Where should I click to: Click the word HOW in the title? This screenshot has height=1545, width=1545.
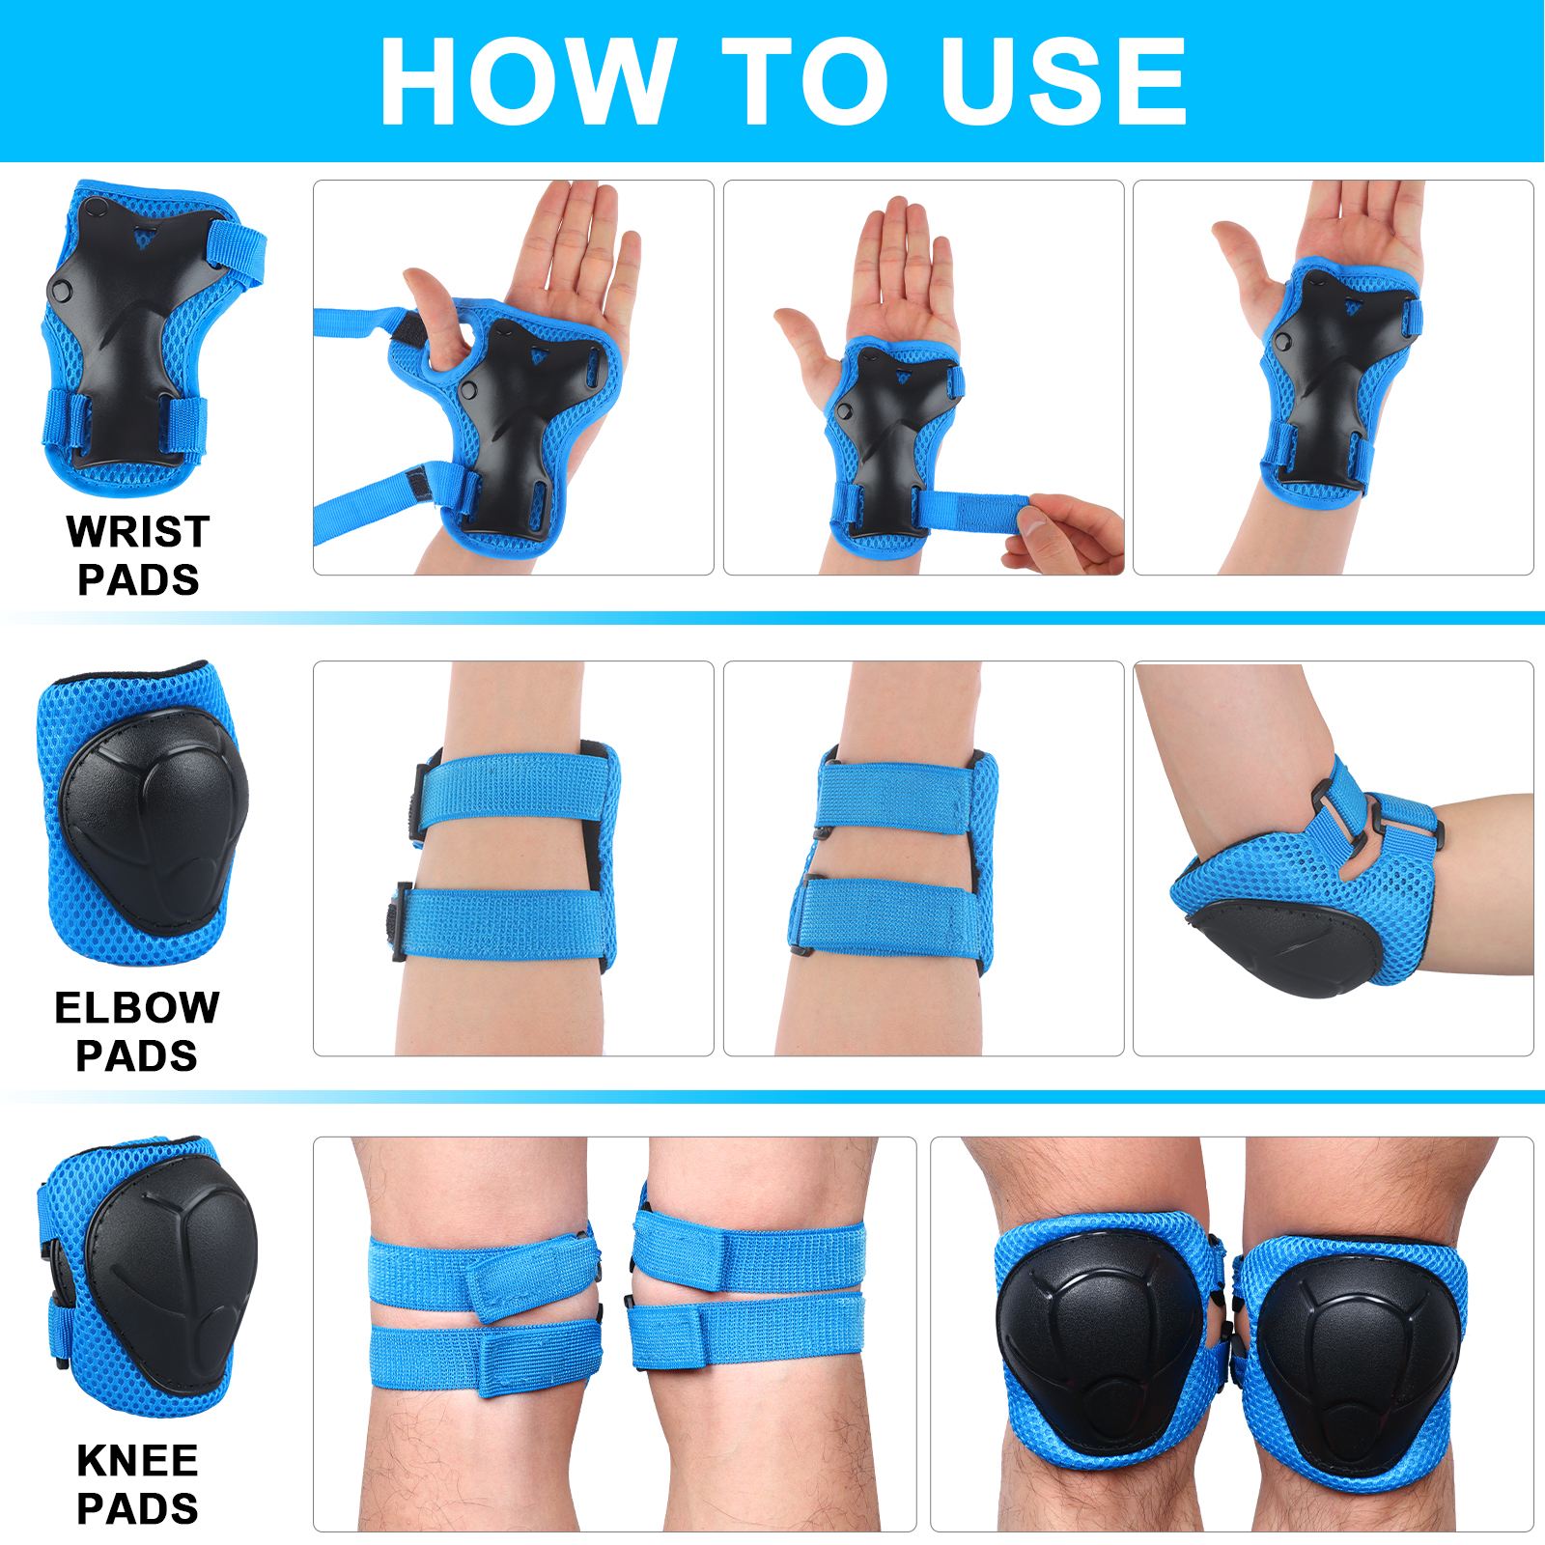tap(527, 81)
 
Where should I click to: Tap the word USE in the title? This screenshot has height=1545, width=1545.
tap(1063, 81)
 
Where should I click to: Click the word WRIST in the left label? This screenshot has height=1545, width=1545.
tap(138, 531)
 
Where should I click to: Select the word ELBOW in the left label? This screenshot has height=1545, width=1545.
tap(137, 1007)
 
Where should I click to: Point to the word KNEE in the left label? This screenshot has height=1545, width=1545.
tap(137, 1460)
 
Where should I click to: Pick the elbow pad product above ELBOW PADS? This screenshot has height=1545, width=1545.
tap(142, 813)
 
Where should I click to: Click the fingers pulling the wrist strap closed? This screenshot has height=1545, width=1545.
tap(1062, 534)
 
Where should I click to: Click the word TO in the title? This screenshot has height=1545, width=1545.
tap(803, 81)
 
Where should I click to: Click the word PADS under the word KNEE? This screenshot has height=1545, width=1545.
tap(137, 1508)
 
